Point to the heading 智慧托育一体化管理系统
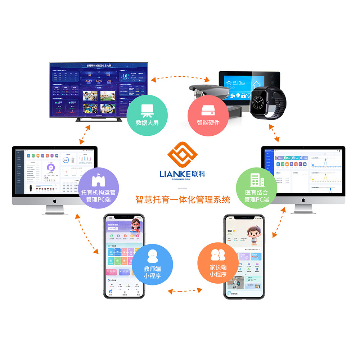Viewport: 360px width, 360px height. (183, 199)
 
